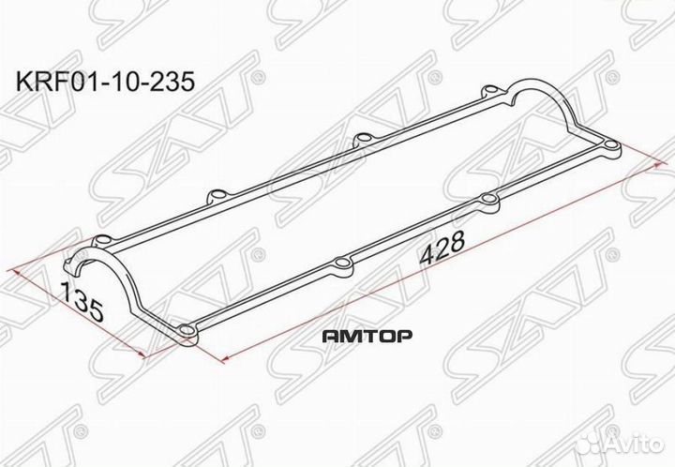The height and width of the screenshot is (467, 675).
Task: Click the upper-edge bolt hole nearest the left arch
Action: pyautogui.click(x=215, y=196)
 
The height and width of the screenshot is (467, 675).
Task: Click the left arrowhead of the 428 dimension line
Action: pyautogui.click(x=225, y=359)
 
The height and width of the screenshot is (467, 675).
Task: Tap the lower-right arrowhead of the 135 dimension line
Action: pyautogui.click(x=141, y=354)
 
